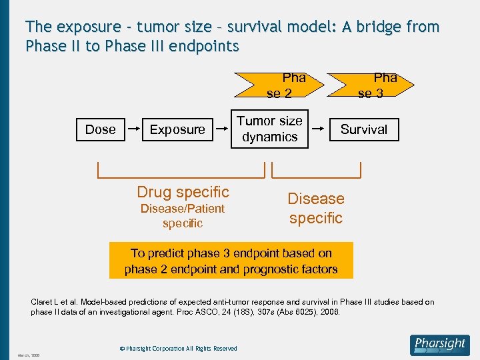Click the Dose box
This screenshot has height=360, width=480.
100,129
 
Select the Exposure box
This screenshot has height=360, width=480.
177,129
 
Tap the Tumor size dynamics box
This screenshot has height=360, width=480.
269,129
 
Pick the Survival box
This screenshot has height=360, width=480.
364,129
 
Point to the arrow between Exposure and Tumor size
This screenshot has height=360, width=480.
221,129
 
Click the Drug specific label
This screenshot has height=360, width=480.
183,192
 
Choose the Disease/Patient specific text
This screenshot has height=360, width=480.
182,216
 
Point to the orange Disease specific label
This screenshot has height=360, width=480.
316,208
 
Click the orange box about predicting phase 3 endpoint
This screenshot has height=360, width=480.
231,261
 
